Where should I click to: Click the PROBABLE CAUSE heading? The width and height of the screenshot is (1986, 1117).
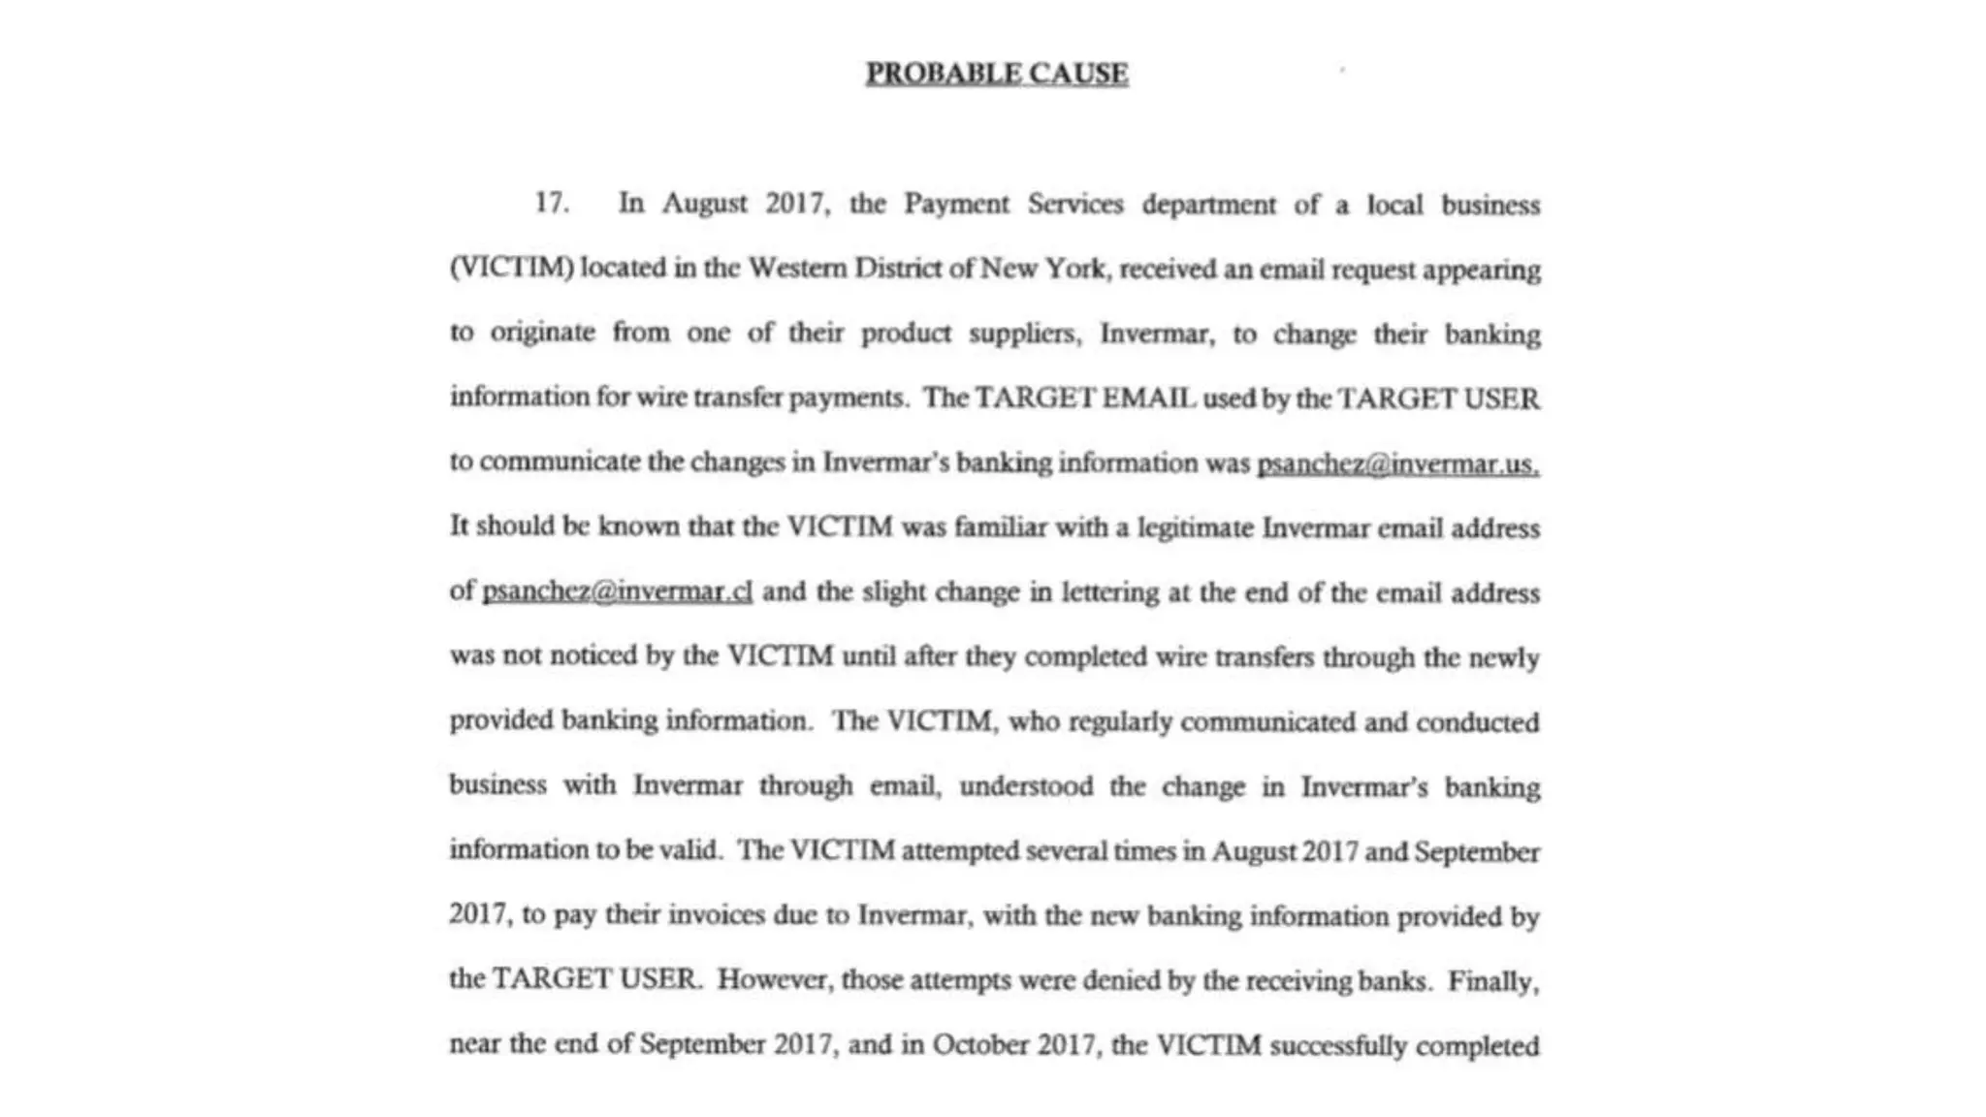pos(997,74)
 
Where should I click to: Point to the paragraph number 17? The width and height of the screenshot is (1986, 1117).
pos(551,203)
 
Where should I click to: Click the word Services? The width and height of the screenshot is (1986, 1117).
pos(1075,204)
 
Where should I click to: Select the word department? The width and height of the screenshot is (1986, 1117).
pos(1208,205)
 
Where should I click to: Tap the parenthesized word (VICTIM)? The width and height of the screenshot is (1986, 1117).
pos(512,268)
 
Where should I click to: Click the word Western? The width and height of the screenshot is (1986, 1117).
pos(797,268)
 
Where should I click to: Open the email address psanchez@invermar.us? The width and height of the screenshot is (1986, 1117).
pos(1397,463)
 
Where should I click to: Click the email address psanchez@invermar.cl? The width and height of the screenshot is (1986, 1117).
pos(617,591)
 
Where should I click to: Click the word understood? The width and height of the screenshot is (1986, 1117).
pos(1026,785)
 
